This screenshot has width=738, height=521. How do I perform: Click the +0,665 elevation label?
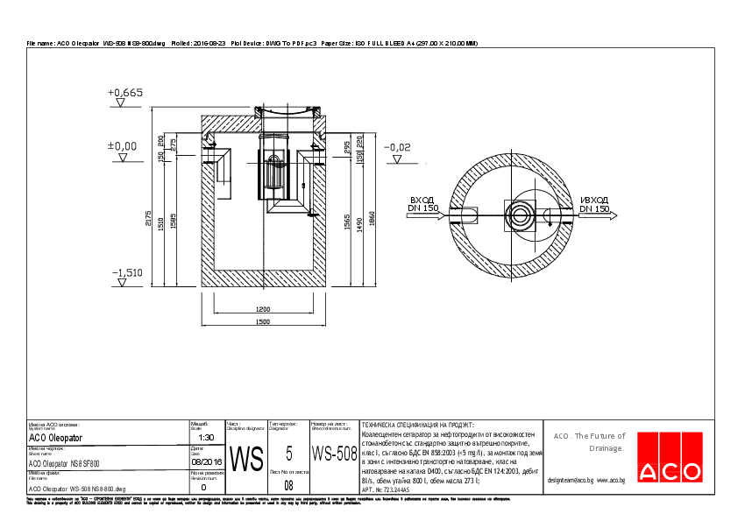click(x=124, y=92)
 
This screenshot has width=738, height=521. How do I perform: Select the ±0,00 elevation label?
click(x=122, y=145)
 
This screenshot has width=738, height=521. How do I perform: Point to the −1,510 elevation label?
click(x=127, y=273)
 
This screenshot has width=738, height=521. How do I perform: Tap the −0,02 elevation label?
click(x=397, y=147)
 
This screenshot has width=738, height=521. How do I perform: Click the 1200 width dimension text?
click(x=262, y=310)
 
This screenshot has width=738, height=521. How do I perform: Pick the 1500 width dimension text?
click(x=262, y=323)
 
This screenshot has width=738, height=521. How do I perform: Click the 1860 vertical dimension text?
click(x=373, y=217)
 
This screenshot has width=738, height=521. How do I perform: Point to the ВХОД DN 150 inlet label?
click(x=423, y=204)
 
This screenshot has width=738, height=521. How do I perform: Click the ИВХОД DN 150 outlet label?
click(x=594, y=204)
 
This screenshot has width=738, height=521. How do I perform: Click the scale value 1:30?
click(x=207, y=437)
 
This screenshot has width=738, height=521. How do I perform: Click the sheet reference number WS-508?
click(x=334, y=454)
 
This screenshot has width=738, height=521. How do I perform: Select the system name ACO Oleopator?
click(x=55, y=437)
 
